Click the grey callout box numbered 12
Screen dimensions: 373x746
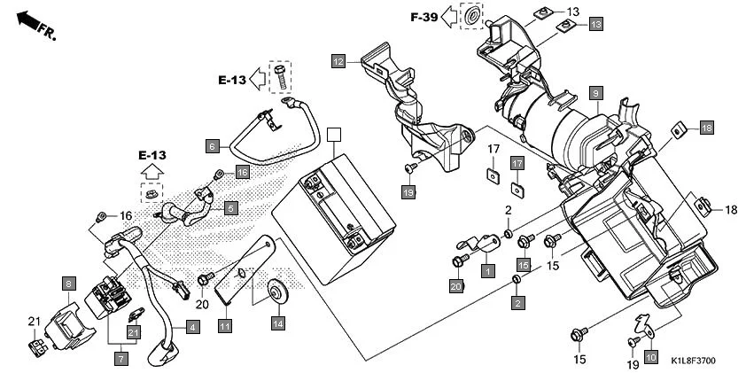click(338, 61)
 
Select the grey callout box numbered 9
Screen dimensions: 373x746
click(596, 93)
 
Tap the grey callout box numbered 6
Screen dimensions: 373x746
click(212, 144)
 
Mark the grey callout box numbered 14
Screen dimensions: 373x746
click(278, 324)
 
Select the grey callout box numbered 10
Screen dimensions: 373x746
click(650, 357)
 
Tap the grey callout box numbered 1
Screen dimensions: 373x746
click(487, 268)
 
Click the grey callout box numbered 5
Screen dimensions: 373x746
click(230, 208)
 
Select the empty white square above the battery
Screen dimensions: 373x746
click(333, 135)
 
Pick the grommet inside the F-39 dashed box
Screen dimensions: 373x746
click(474, 17)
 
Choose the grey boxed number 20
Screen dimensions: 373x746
click(456, 286)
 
